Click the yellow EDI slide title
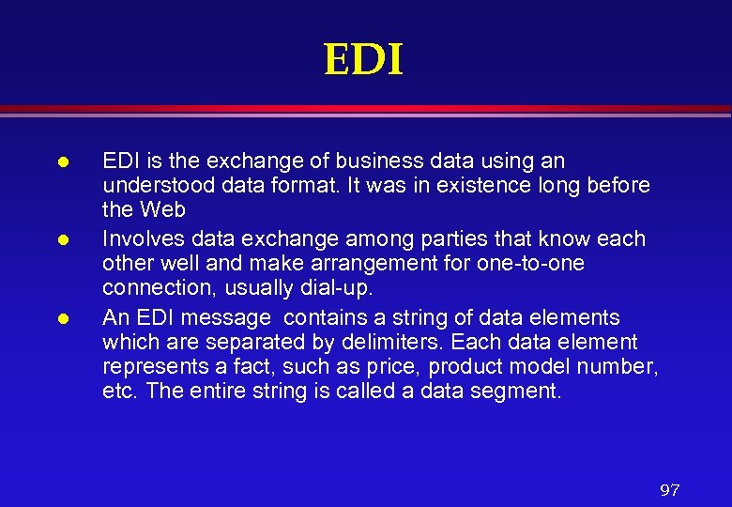coord(364,61)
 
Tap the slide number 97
coord(669,490)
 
